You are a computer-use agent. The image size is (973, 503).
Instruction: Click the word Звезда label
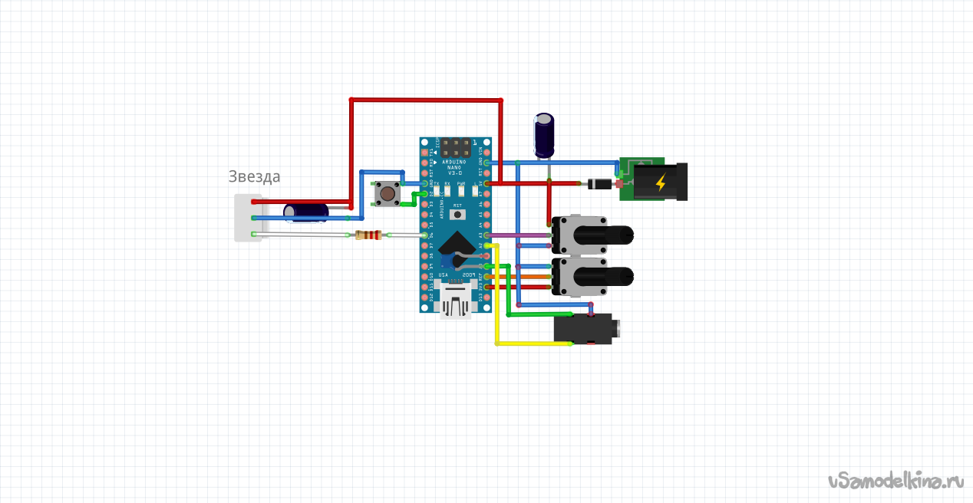254,176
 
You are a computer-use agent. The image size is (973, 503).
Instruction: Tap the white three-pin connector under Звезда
246,218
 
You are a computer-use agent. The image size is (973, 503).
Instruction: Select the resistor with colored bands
368,235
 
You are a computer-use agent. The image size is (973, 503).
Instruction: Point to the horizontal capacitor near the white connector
307,212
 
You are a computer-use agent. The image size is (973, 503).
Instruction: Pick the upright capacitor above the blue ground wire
544,135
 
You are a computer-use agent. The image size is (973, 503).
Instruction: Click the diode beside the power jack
598,184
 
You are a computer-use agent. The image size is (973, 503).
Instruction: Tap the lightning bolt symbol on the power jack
660,182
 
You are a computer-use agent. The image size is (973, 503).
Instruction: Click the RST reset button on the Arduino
457,215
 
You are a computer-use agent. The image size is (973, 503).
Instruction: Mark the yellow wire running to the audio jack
498,307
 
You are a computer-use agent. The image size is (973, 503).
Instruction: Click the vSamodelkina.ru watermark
895,481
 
